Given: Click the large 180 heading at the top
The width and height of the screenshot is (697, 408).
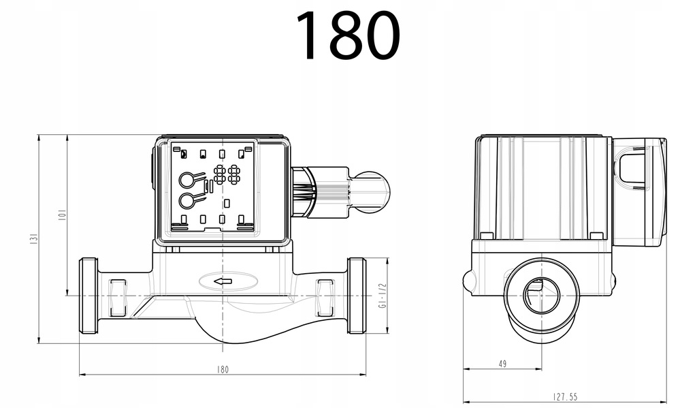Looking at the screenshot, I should (347, 35).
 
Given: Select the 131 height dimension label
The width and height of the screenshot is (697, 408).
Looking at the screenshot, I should (33, 239).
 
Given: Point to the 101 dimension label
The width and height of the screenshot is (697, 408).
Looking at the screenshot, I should (61, 215).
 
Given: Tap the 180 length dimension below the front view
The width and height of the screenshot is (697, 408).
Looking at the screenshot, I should (223, 369).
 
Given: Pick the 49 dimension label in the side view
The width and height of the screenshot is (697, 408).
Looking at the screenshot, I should (502, 364).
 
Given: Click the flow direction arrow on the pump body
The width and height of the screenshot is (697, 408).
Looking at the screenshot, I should (223, 281).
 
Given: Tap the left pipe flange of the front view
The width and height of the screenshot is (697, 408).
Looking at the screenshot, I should (88, 296).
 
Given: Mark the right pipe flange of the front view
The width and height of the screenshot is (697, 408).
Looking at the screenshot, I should (357, 296).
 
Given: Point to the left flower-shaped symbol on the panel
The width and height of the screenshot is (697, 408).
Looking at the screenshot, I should (220, 174).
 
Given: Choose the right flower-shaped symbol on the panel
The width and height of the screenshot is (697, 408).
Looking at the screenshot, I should (234, 174).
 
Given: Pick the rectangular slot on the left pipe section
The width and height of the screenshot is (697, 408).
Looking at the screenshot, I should (118, 298).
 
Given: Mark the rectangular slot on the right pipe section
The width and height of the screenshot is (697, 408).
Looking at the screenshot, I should (325, 298).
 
